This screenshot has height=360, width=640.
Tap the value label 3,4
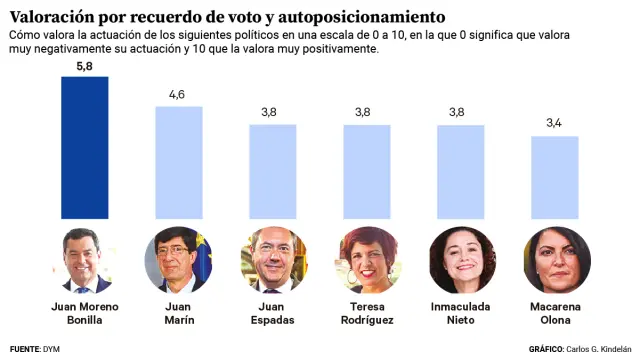[x=554, y=124]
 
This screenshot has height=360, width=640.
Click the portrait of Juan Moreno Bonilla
[x=85, y=259]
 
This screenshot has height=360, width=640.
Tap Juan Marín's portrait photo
[x=178, y=259]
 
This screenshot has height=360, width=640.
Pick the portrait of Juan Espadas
[x=272, y=259]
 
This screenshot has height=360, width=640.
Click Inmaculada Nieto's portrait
[x=460, y=259]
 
